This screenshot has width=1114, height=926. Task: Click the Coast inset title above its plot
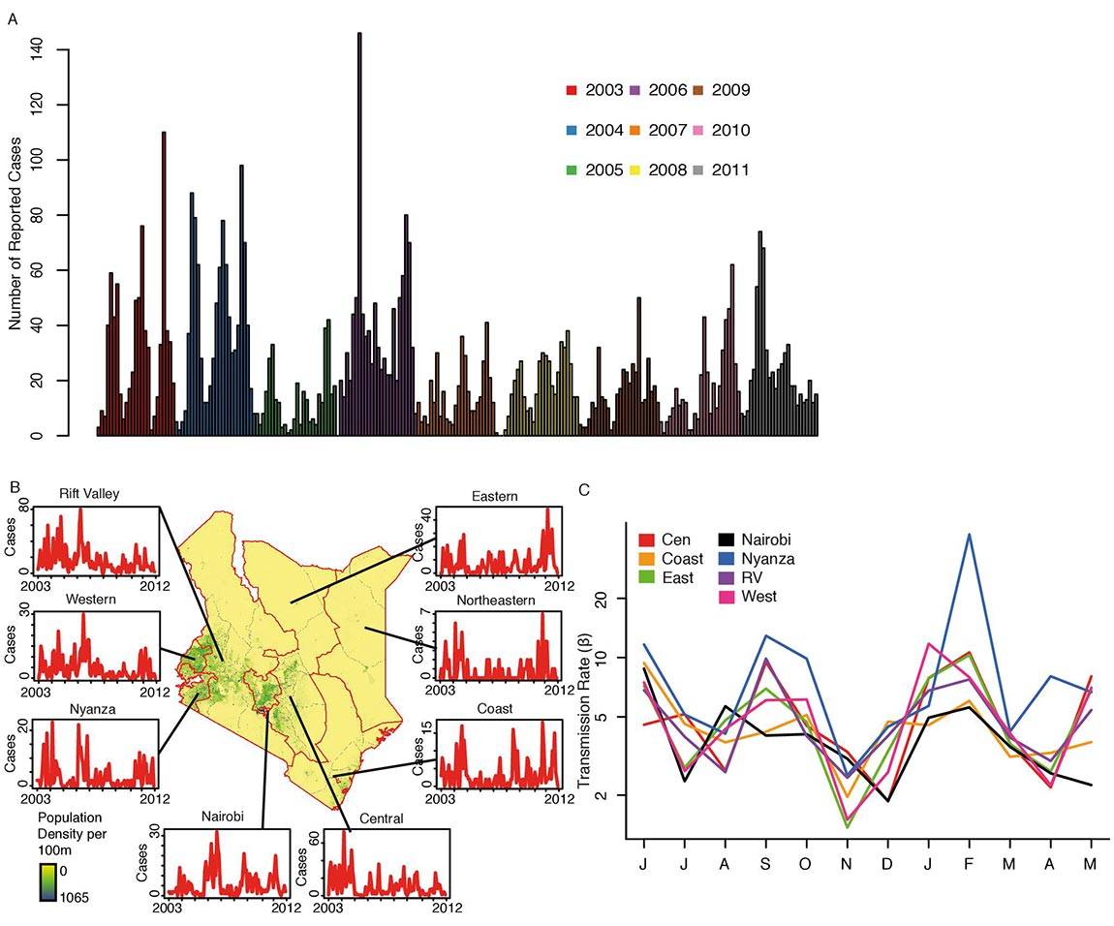(x=496, y=708)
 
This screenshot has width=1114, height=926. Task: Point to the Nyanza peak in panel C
(x=968, y=535)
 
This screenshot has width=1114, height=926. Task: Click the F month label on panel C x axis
(x=969, y=863)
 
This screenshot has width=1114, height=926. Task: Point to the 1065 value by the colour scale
(x=76, y=898)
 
